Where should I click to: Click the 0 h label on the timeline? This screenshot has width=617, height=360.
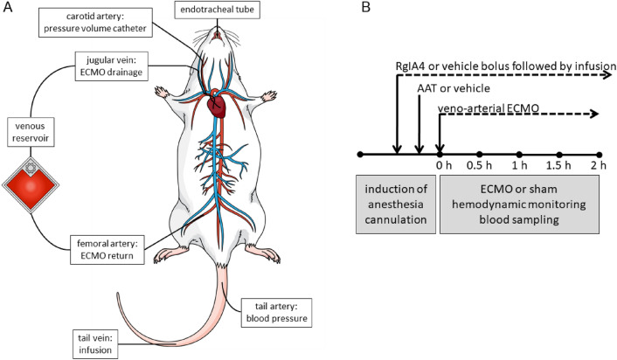click(x=438, y=167)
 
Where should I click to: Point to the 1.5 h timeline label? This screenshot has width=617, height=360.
click(x=558, y=167)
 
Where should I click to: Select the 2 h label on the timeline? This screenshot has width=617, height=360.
click(x=598, y=167)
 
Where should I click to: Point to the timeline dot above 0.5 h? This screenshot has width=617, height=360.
click(x=479, y=154)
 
